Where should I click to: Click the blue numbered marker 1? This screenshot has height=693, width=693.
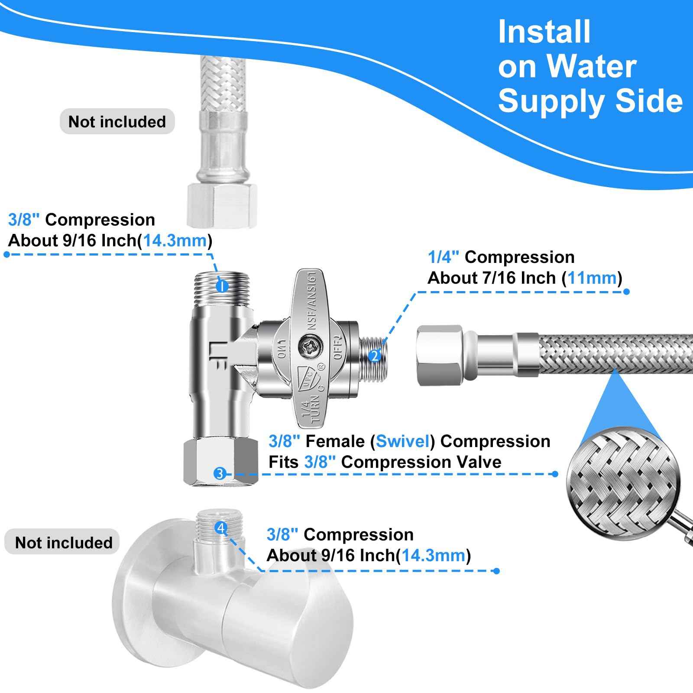pyautogui.click(x=221, y=286)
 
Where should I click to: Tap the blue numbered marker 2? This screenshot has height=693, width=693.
pyautogui.click(x=374, y=356)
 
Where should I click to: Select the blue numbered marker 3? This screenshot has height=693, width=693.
pyautogui.click(x=220, y=473)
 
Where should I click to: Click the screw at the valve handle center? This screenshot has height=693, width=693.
pyautogui.click(x=308, y=346)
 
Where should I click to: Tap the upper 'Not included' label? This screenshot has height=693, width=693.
pyautogui.click(x=117, y=122)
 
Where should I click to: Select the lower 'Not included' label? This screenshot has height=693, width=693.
pyautogui.click(x=64, y=542)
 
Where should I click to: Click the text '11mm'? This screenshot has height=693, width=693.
pyautogui.click(x=592, y=278)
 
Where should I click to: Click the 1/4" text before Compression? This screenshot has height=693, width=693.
pyautogui.click(x=443, y=257)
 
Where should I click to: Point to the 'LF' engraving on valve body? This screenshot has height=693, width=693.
pyautogui.click(x=217, y=356)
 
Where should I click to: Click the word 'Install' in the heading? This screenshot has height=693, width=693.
pyautogui.click(x=544, y=32)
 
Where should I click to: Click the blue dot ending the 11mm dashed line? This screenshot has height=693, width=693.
pyautogui.click(x=626, y=291)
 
